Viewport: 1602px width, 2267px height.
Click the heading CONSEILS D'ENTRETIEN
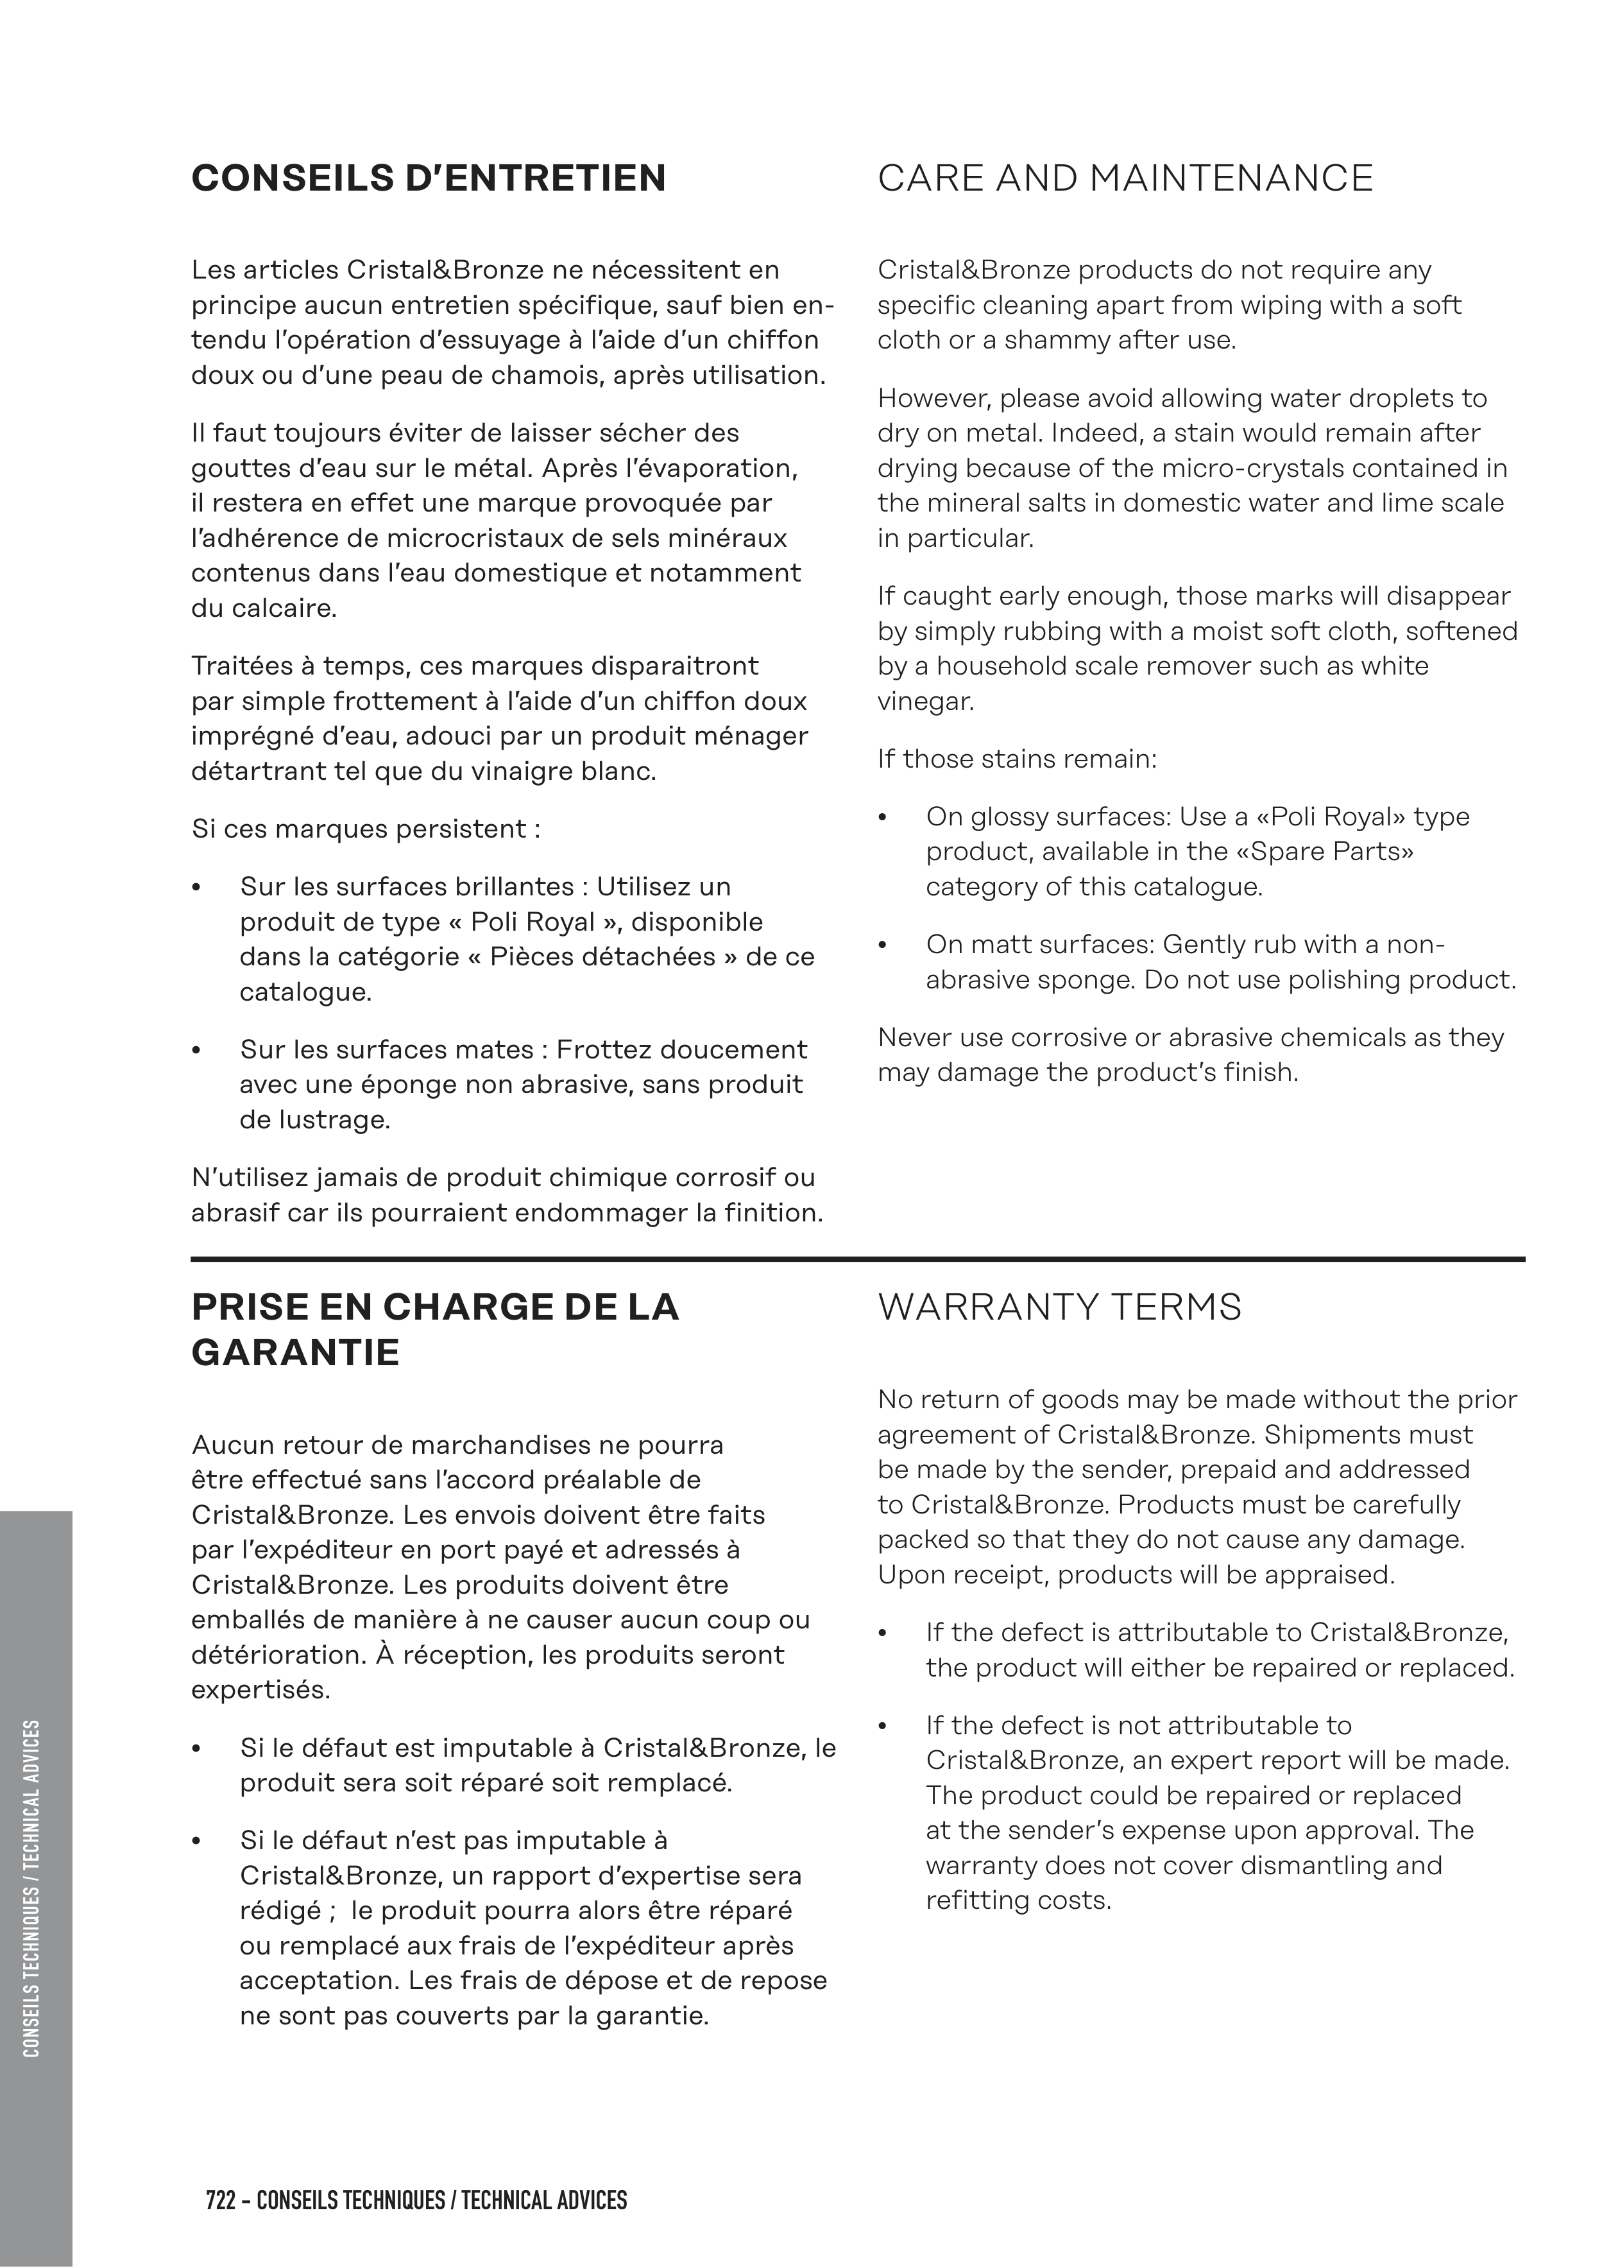[x=429, y=178]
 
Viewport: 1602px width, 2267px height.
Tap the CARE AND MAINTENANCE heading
[x=1124, y=178]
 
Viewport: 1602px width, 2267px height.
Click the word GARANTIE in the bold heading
[x=295, y=1352]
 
